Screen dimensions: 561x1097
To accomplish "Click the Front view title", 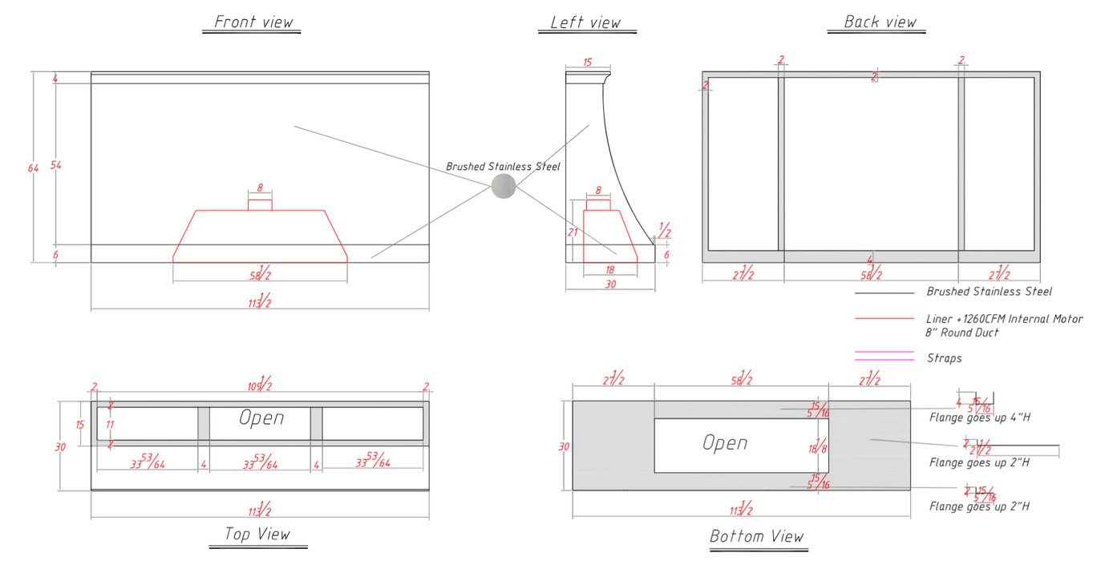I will click(253, 22).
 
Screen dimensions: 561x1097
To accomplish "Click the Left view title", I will click(585, 22).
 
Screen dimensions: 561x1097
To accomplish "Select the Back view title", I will click(880, 22).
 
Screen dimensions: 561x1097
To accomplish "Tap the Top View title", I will click(257, 535).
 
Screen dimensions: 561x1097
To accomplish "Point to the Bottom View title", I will click(756, 536).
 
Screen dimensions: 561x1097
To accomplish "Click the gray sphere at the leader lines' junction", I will click(503, 186).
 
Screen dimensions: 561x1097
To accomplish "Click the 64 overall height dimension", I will click(34, 168).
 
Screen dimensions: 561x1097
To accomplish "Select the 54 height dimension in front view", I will click(56, 165).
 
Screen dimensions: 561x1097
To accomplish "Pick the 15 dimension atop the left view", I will click(587, 63).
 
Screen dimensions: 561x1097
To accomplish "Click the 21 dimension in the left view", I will click(573, 232).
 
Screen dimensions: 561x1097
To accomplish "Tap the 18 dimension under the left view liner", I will click(609, 270).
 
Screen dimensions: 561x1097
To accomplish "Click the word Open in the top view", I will click(261, 418).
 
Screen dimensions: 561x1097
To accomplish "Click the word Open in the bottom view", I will click(725, 442).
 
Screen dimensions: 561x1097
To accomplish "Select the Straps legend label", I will click(944, 358).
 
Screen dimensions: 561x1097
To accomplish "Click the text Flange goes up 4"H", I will click(979, 418).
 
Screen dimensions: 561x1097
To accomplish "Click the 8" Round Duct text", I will click(962, 333).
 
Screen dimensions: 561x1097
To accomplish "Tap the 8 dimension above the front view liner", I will click(260, 188).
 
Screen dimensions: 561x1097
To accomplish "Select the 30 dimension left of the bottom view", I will click(564, 446).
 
